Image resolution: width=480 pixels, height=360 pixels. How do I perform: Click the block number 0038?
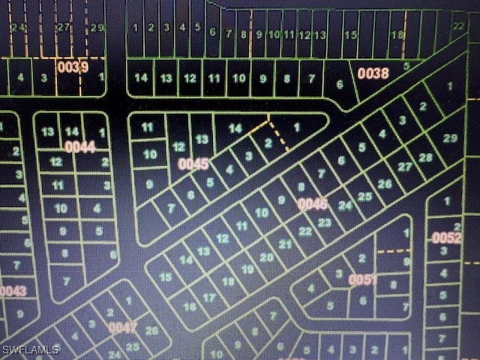373,73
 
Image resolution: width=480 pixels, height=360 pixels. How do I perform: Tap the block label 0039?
73,67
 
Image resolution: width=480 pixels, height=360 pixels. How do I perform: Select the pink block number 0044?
79,147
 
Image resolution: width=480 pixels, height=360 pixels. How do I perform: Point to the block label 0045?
193,163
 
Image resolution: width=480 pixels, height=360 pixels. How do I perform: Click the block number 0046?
313,203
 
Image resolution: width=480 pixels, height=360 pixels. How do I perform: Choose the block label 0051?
362,280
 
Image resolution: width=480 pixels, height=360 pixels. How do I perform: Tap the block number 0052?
446,238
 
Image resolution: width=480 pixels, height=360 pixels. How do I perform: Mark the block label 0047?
123,327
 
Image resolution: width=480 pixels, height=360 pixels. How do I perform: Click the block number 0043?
13,291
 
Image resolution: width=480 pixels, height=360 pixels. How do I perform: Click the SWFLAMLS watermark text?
29,350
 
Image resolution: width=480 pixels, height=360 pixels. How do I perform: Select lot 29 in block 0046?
450,138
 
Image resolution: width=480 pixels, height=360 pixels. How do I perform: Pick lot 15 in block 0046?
166,277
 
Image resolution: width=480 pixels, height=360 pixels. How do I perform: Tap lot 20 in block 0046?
266,256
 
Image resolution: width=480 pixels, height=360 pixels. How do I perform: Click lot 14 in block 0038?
141,78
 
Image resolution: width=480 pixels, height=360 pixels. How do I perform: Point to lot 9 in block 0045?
149,184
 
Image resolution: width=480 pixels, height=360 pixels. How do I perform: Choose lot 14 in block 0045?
235,128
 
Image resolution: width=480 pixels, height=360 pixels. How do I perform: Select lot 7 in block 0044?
67,281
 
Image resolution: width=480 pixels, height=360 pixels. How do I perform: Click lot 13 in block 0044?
48,132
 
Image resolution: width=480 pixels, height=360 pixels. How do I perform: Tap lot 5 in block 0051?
331,305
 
